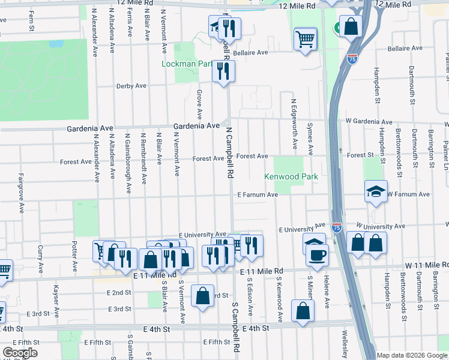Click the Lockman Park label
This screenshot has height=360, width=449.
coord(188,64)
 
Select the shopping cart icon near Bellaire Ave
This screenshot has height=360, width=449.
coord(306,40)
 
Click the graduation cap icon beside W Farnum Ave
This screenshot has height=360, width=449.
coord(376,192)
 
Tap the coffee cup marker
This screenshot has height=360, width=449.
coord(316,254)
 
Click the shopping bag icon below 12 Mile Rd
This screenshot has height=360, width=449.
coord(352,26)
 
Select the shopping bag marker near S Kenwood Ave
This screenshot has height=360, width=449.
coord(303,311)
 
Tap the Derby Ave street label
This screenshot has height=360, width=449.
coord(131,86)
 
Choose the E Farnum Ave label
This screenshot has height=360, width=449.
coord(258,195)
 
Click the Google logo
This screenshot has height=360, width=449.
coord(20,353)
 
